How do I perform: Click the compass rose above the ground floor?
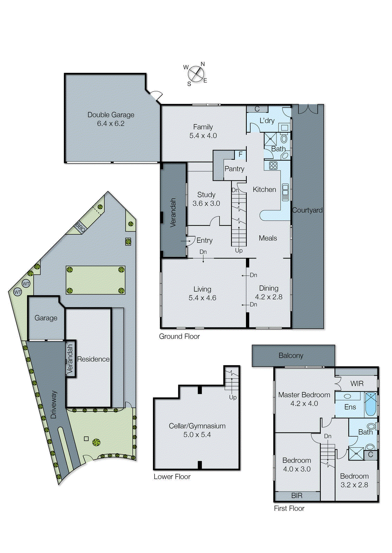(x=196, y=74)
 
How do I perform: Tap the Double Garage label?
(x=111, y=115)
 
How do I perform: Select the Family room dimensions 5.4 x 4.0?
(x=203, y=136)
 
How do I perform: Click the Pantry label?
(x=234, y=169)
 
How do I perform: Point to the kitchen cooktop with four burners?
(x=273, y=166)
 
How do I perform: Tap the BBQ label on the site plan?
(x=80, y=227)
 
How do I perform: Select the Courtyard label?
(x=307, y=210)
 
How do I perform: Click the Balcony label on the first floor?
(x=291, y=356)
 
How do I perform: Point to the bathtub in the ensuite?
(x=371, y=404)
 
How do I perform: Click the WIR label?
(x=357, y=384)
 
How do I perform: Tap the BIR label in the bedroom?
(x=297, y=496)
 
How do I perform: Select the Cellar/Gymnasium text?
(x=197, y=426)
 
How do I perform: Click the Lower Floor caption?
(x=172, y=477)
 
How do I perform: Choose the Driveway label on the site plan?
(x=54, y=404)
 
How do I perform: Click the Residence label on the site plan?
(x=93, y=359)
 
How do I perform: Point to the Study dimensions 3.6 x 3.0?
(x=206, y=204)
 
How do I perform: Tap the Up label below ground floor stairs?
(x=239, y=250)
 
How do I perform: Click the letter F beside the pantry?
(x=240, y=154)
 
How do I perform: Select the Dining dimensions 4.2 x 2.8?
(x=268, y=297)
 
